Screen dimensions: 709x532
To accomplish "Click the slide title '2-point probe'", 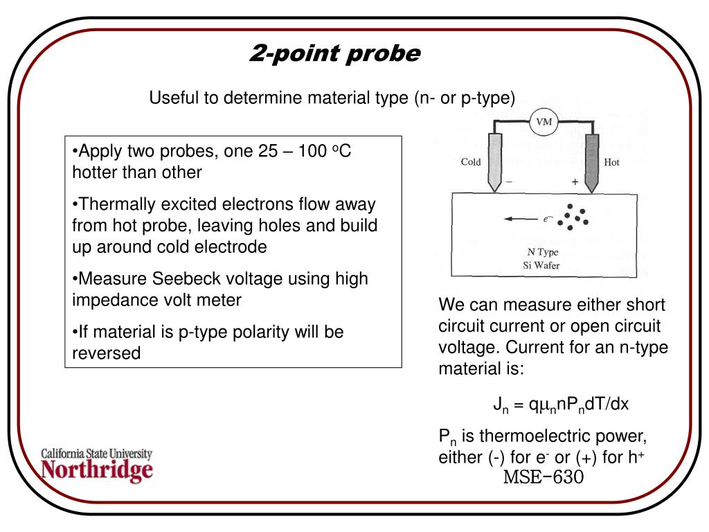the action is (334, 53).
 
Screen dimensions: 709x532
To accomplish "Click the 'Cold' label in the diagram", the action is (471, 163).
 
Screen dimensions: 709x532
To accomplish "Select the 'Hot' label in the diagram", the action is (611, 163).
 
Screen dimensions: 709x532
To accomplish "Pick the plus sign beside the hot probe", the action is (574, 181).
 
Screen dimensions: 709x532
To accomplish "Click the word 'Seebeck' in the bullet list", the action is (189, 279).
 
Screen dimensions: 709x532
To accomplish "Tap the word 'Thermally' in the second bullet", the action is (116, 204).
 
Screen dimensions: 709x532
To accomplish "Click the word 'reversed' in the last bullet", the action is (107, 353).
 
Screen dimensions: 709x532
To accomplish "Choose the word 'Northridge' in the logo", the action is (97, 471).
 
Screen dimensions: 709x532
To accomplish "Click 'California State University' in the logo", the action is (97, 454).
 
